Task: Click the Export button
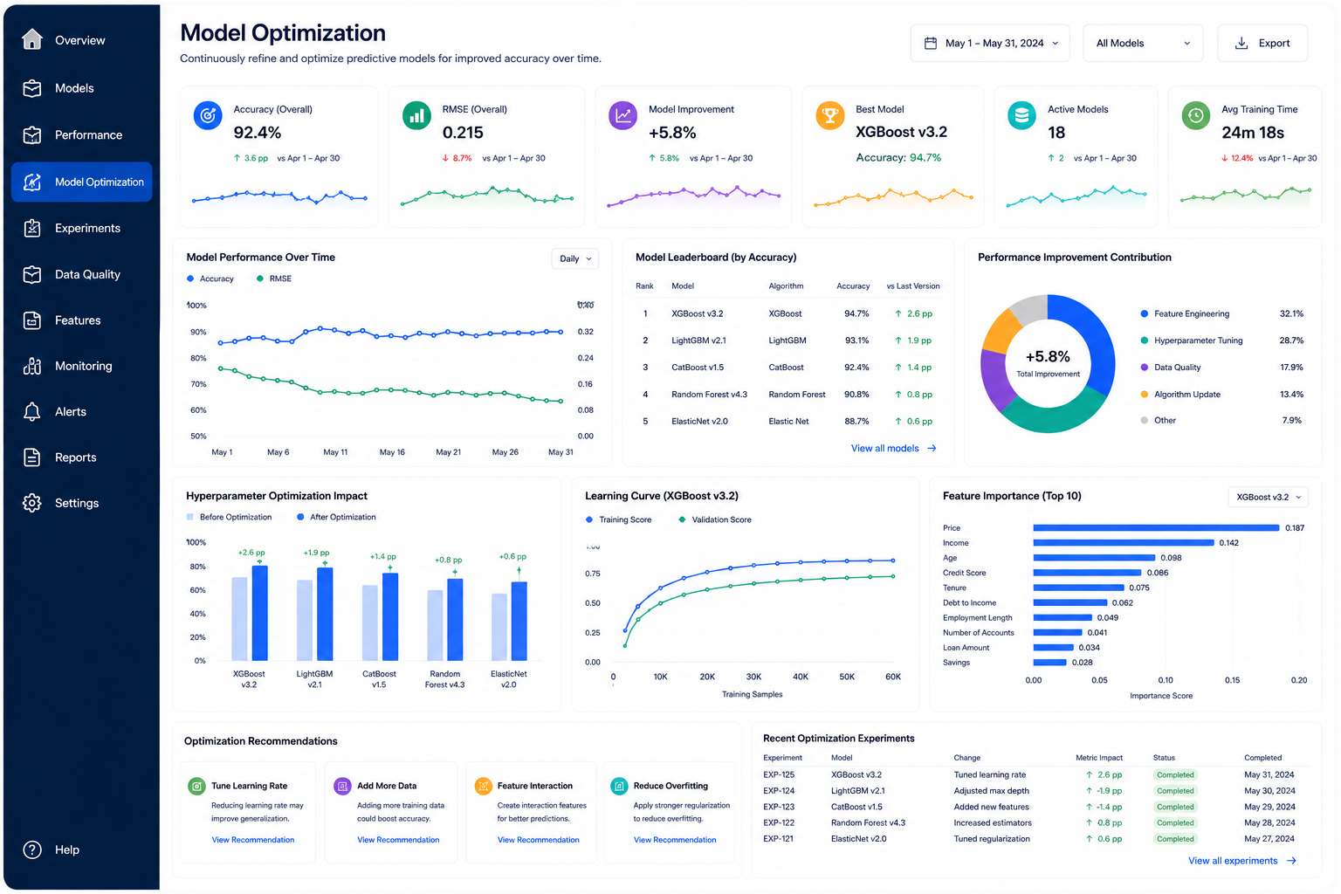coord(1262,43)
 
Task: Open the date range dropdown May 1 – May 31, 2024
coord(989,43)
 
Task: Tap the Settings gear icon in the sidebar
coord(32,503)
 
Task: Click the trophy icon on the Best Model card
coord(829,114)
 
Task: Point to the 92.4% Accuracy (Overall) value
coord(258,133)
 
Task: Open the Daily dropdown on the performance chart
coord(574,258)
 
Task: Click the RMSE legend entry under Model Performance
coord(274,279)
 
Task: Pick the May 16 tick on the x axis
coord(392,452)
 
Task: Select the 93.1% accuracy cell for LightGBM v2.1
coord(856,340)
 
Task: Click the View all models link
coord(893,448)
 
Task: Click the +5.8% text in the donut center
coord(1048,357)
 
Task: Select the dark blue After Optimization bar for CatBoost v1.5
coord(390,616)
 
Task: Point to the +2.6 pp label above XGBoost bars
coord(251,552)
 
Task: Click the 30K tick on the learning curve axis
coord(753,677)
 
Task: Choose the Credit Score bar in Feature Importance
coord(1087,573)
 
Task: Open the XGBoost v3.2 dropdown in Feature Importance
coord(1268,497)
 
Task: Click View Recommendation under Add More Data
coord(398,840)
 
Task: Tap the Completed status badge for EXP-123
coord(1175,807)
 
